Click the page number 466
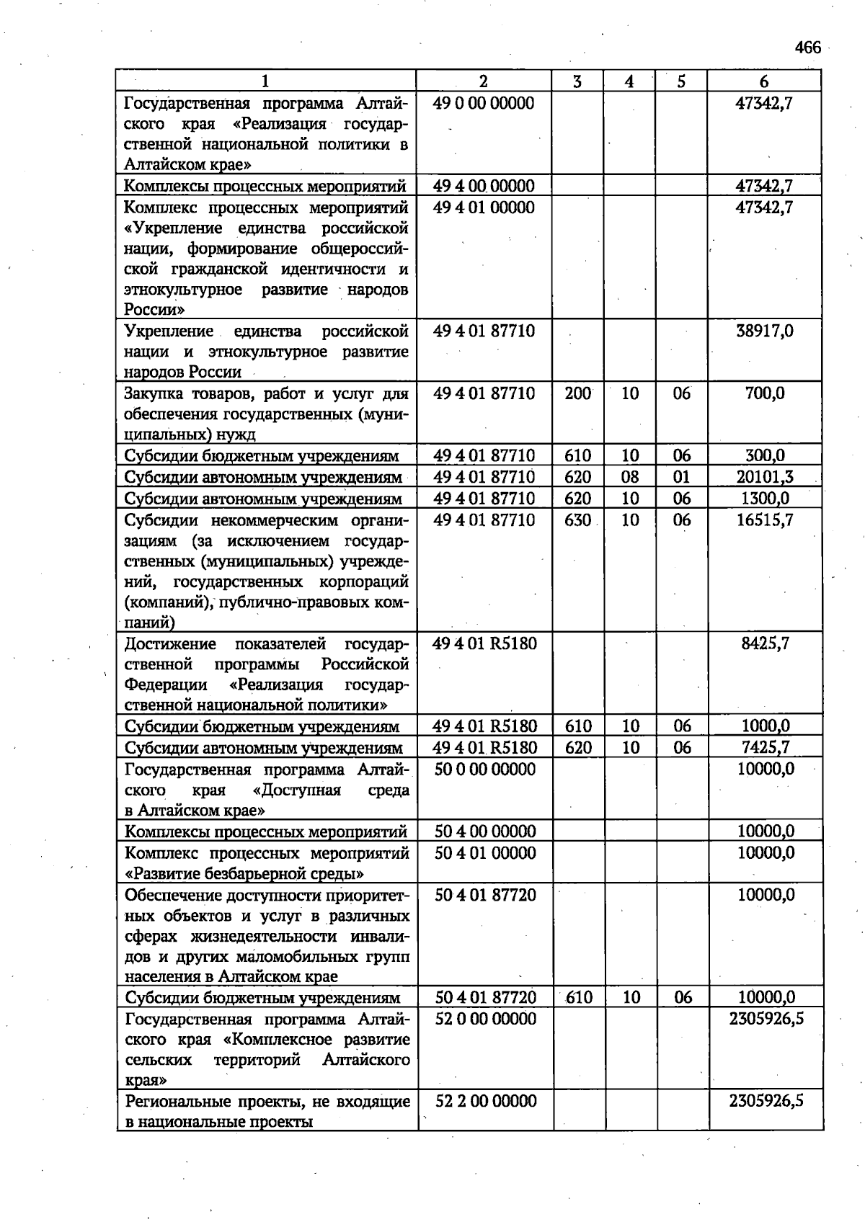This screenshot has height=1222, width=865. (x=807, y=48)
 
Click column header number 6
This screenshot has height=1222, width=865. (x=763, y=81)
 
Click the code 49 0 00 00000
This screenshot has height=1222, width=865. (x=484, y=104)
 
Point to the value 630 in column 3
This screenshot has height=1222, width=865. (x=578, y=520)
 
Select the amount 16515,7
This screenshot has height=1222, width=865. (x=765, y=520)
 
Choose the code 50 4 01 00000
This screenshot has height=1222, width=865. (x=485, y=853)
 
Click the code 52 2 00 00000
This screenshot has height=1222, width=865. (x=486, y=1101)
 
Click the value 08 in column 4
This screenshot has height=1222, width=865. (x=630, y=477)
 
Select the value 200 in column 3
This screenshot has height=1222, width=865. (x=578, y=394)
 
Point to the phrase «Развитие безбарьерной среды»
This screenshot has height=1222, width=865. (x=244, y=874)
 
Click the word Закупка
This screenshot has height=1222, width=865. (x=154, y=394)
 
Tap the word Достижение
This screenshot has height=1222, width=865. (x=170, y=643)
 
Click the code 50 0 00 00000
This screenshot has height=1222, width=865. (x=485, y=770)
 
